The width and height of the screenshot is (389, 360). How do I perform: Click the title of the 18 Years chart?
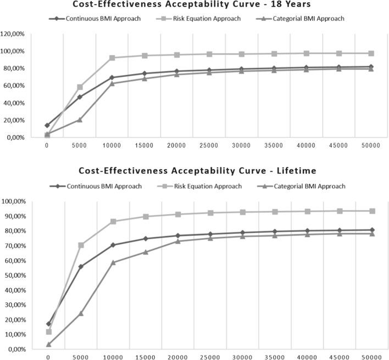click(x=194, y=5)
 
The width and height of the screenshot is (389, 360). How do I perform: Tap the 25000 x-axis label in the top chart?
click(x=210, y=146)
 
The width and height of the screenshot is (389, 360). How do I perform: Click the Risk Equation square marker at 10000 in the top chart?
click(x=113, y=58)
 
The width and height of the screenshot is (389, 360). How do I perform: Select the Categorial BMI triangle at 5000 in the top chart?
click(x=80, y=120)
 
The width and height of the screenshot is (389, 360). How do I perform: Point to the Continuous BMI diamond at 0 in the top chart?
click(x=48, y=125)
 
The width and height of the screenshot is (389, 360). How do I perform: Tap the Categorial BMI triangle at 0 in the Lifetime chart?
click(x=48, y=345)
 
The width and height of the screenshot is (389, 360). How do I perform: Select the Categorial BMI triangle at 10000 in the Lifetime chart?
click(x=113, y=262)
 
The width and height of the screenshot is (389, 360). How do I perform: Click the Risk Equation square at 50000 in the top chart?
click(x=371, y=53)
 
